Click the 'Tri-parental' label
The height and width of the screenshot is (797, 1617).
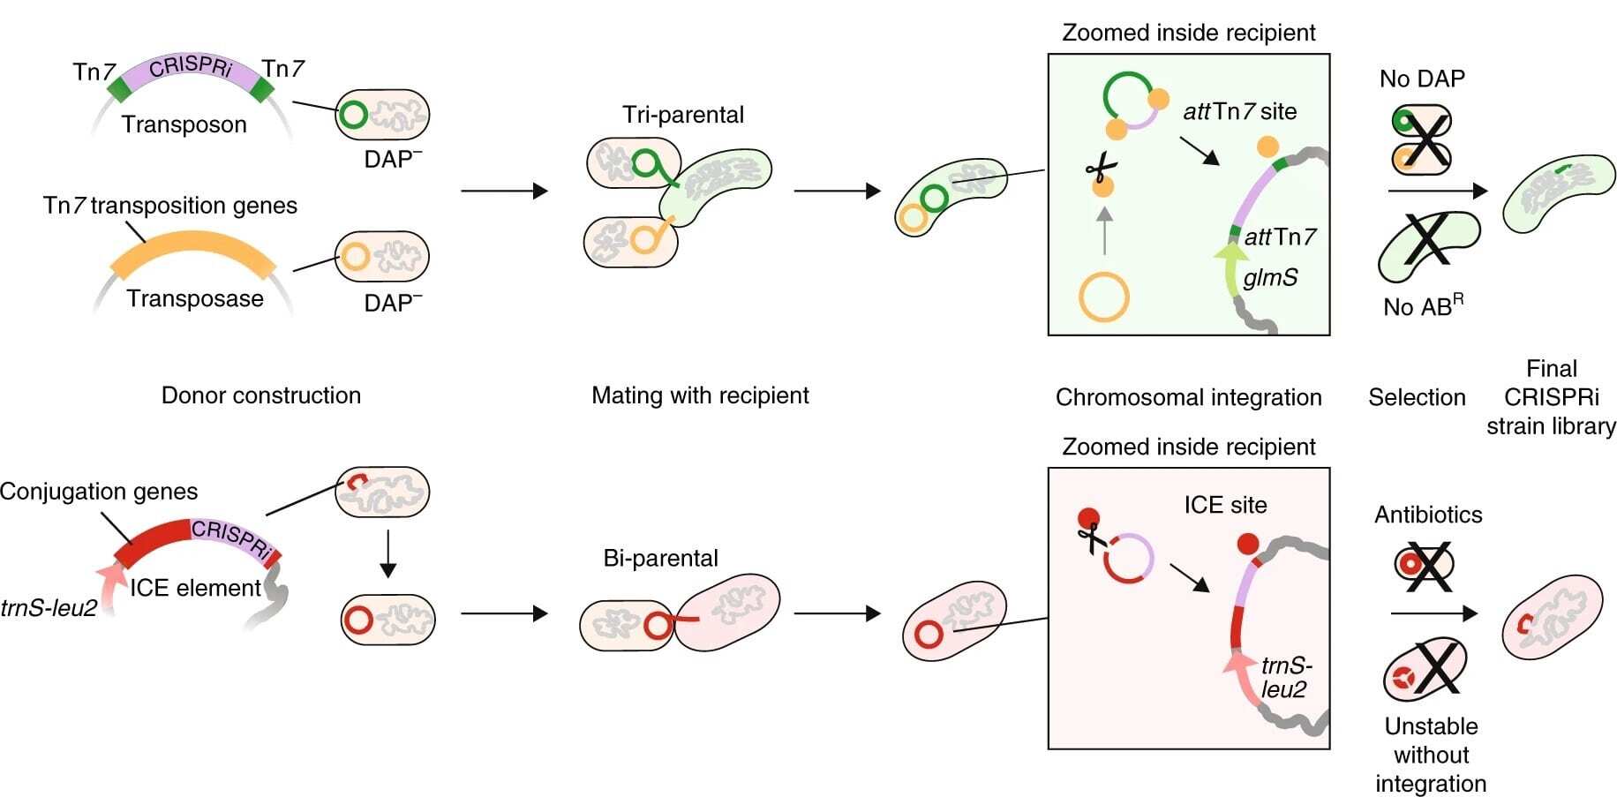pyautogui.click(x=682, y=115)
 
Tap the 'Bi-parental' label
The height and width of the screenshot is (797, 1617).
pyautogui.click(x=660, y=558)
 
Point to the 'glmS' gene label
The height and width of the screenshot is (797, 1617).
pyautogui.click(x=1270, y=277)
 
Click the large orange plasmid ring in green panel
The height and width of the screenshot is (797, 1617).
pyautogui.click(x=1103, y=297)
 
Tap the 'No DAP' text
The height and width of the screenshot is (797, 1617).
pyautogui.click(x=1422, y=79)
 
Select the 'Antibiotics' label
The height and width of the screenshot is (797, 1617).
pyautogui.click(x=1428, y=515)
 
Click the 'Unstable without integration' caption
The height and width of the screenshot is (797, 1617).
pyautogui.click(x=1431, y=755)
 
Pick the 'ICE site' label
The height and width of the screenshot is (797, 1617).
pyautogui.click(x=1225, y=505)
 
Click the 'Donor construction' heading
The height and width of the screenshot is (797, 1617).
pyautogui.click(x=261, y=395)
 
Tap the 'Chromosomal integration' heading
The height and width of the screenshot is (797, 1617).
pyautogui.click(x=1188, y=397)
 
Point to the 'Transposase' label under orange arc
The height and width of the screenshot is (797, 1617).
pyautogui.click(x=195, y=298)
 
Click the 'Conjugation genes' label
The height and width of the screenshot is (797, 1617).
pyautogui.click(x=99, y=491)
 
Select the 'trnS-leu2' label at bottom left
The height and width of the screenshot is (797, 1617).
pyautogui.click(x=49, y=608)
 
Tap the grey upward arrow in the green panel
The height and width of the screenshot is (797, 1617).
pyautogui.click(x=1104, y=230)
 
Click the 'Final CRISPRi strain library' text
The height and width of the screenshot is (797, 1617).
pyautogui.click(x=1551, y=397)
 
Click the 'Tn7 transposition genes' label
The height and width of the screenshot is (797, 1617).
pyautogui.click(x=170, y=206)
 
